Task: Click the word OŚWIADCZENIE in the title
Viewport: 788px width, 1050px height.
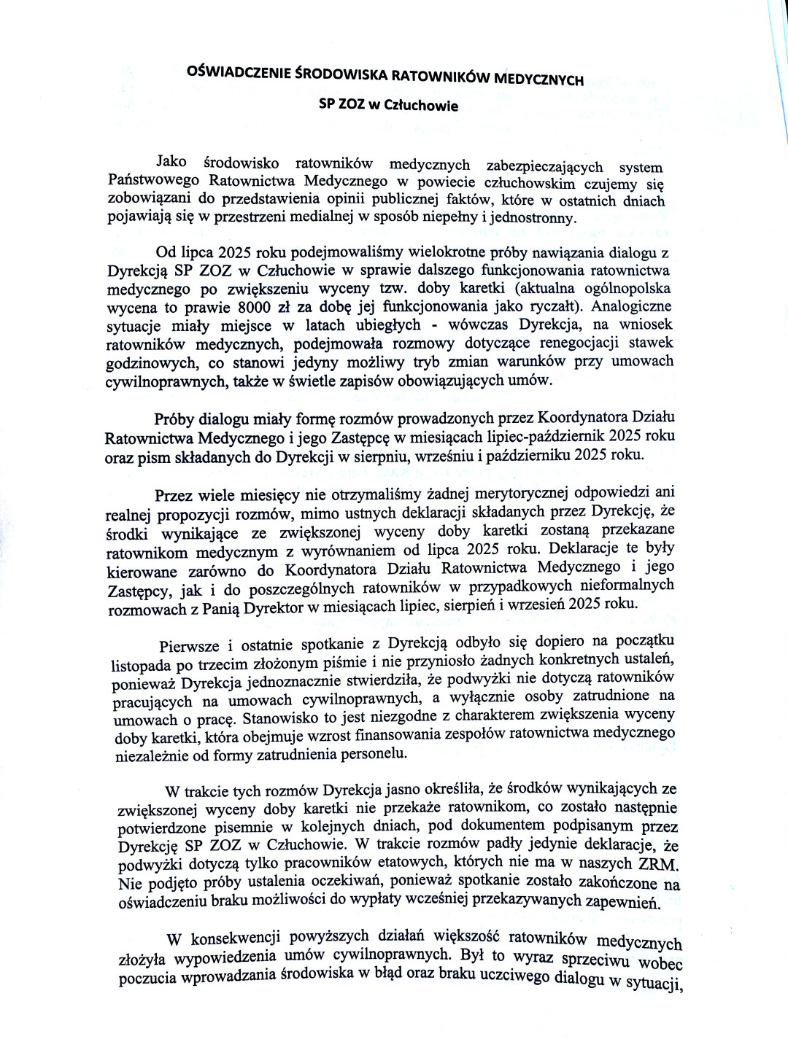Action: coord(239,71)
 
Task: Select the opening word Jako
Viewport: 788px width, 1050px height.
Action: coord(171,161)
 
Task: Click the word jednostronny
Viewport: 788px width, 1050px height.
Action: coord(533,217)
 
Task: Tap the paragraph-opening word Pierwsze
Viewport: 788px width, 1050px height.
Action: coord(189,646)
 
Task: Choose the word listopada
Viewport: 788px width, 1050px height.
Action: coord(142,665)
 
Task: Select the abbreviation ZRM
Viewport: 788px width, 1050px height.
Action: coord(658,865)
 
